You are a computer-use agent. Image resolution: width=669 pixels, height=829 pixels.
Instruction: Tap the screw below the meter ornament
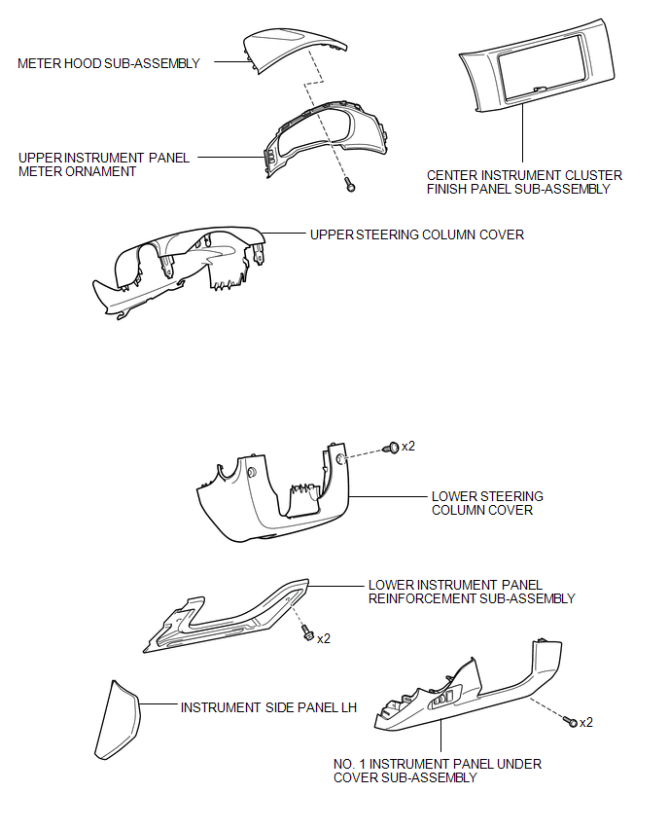point(350,185)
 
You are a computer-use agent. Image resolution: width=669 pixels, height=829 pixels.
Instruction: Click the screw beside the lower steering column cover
point(392,449)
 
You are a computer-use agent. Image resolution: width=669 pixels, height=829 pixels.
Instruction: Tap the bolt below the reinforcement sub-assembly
point(307,632)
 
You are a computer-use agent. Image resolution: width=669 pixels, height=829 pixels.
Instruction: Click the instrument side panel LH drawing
point(118,720)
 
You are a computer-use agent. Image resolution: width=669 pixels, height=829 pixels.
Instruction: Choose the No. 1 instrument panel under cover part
point(468,687)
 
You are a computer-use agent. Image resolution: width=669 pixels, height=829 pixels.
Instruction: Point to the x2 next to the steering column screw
point(408,447)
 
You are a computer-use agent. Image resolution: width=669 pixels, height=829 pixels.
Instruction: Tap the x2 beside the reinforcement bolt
point(324,639)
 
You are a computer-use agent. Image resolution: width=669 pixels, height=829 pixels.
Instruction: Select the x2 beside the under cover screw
point(586,723)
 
